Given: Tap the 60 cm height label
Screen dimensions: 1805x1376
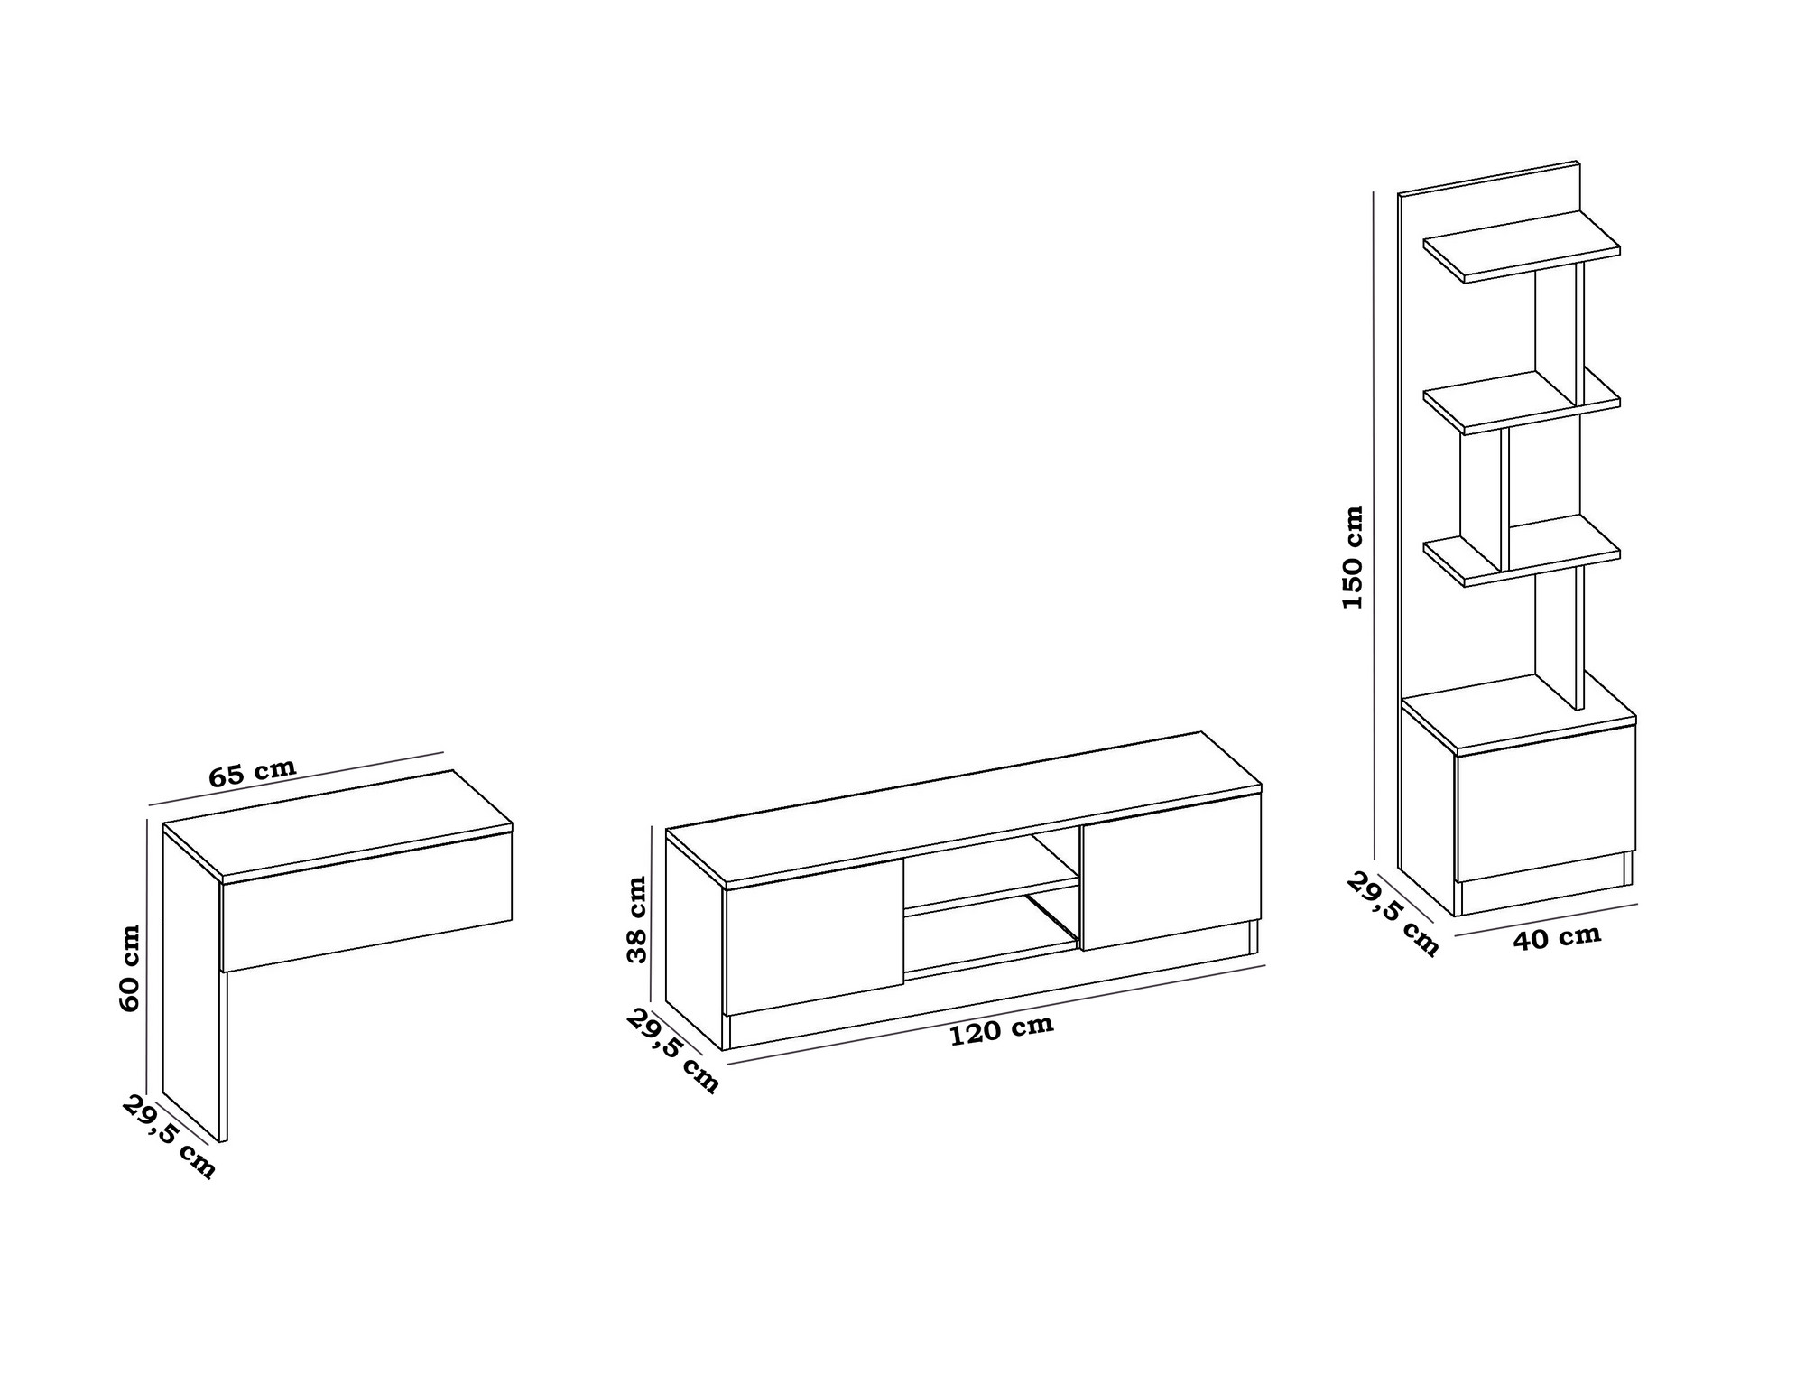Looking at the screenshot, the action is coord(130,967).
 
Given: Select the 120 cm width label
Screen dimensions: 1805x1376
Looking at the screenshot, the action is coord(1002,1029).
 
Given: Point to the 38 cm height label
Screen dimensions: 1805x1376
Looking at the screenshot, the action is coord(637,919).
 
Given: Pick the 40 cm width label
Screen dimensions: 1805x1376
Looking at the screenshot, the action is coord(1558,937).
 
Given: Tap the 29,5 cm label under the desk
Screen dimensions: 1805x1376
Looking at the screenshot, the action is coord(170,1137).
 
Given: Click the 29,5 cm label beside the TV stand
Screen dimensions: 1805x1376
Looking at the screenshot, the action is coord(673,1051).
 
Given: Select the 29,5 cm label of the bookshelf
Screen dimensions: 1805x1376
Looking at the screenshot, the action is coord(1393,914).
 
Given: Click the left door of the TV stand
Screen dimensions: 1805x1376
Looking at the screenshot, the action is coord(814,937).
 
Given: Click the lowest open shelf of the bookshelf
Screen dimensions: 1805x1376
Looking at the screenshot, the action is coord(1522,551).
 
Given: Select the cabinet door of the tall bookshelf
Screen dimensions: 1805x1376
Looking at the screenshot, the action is coord(1545,803).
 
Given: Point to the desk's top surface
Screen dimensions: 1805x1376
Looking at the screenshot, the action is coord(338,823).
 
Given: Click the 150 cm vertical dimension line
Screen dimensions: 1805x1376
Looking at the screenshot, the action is coord(1374,525).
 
